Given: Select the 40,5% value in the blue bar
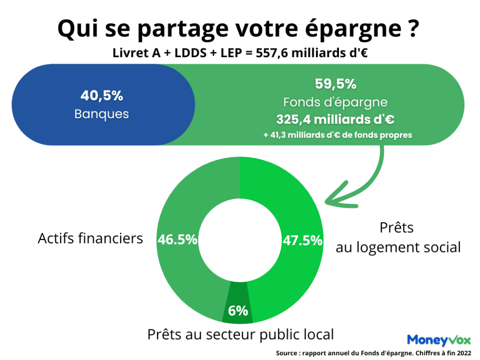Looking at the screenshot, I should click(102, 96).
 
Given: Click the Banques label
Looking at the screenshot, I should click(102, 115).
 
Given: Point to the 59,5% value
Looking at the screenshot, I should click(336, 84).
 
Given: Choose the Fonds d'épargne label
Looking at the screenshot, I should click(336, 102).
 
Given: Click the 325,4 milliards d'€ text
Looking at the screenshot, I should click(336, 120).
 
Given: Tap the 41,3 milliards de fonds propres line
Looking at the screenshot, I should click(337, 135).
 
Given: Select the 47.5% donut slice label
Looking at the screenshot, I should click(302, 240).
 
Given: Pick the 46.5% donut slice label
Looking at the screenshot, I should click(177, 240).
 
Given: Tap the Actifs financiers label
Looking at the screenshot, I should click(90, 238).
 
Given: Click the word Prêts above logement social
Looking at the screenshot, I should click(396, 228).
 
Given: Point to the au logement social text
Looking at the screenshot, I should click(398, 248).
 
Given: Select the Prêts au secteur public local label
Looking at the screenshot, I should click(240, 334).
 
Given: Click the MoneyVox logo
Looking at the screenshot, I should click(439, 340).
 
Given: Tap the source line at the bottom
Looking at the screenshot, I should click(373, 353).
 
